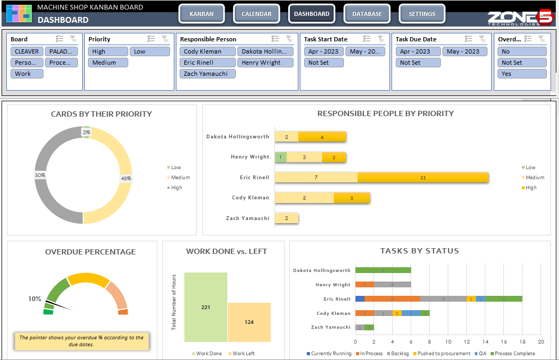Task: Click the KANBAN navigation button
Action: [201, 14]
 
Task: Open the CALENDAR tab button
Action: [256, 14]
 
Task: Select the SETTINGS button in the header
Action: [422, 14]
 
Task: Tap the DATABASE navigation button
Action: [367, 14]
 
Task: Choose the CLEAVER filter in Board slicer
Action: [26, 51]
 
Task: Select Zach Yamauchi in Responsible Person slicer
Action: [207, 74]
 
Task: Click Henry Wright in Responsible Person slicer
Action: [265, 63]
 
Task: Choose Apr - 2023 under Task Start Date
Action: [324, 51]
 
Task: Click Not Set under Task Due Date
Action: [418, 63]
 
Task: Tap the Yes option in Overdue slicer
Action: [521, 74]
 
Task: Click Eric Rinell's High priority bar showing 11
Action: [423, 178]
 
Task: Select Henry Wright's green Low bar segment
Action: [281, 157]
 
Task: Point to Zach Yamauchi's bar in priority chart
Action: [287, 218]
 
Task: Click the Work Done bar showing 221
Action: [206, 307]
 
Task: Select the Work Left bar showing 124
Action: [249, 322]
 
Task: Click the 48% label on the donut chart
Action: [126, 179]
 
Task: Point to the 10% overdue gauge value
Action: [34, 299]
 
